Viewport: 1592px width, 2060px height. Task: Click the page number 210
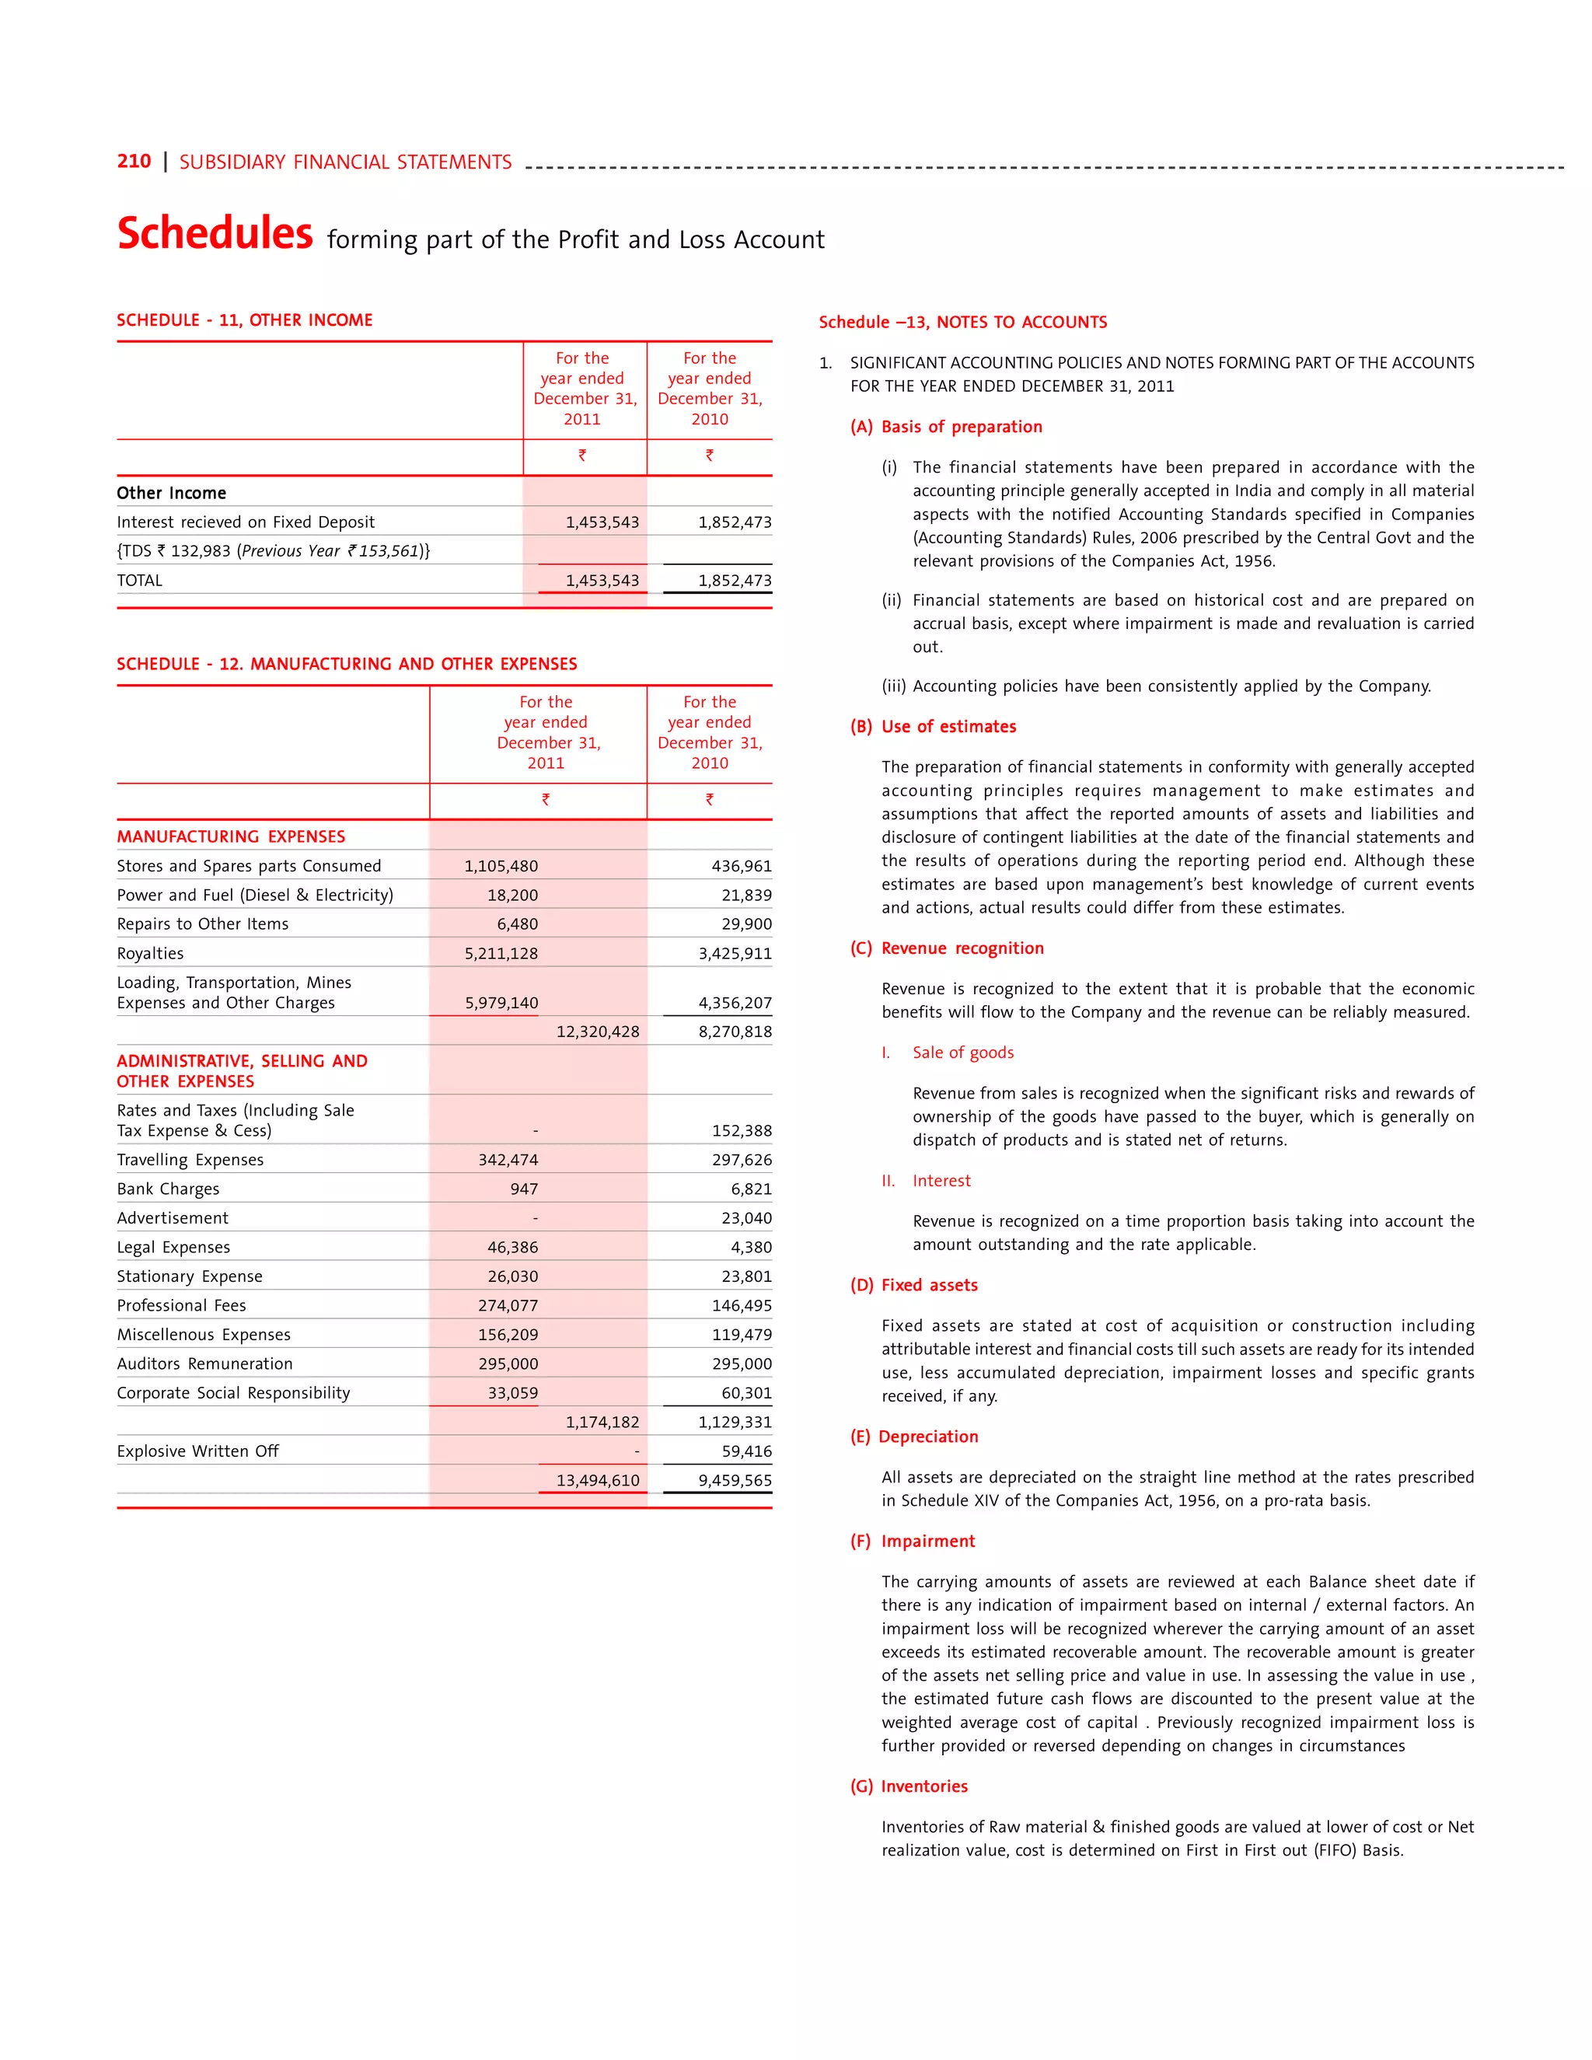[x=134, y=161]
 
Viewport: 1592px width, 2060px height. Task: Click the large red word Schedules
[x=215, y=233]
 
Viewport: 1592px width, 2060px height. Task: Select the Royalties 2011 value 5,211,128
[x=501, y=954]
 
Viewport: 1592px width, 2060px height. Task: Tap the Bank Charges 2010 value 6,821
[x=751, y=1189]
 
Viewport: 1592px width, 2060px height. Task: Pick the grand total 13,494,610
[x=597, y=1481]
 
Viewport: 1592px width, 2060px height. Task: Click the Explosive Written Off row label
[x=198, y=1451]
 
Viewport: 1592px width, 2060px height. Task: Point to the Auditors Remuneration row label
[x=204, y=1364]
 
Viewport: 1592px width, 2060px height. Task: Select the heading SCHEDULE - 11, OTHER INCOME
[x=244, y=321]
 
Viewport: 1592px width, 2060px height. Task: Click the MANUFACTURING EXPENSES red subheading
[x=231, y=836]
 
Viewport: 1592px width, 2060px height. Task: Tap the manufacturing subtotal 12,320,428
[x=597, y=1032]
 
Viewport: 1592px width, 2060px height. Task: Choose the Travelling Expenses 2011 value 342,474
[x=508, y=1160]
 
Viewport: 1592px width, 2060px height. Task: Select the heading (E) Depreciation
[x=914, y=1437]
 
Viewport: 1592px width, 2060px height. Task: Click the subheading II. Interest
[x=926, y=1181]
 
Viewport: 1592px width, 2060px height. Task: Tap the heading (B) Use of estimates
[x=933, y=726]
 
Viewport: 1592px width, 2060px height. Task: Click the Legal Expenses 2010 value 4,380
[x=751, y=1248]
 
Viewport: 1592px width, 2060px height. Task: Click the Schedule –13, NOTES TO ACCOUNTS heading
[x=963, y=323]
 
